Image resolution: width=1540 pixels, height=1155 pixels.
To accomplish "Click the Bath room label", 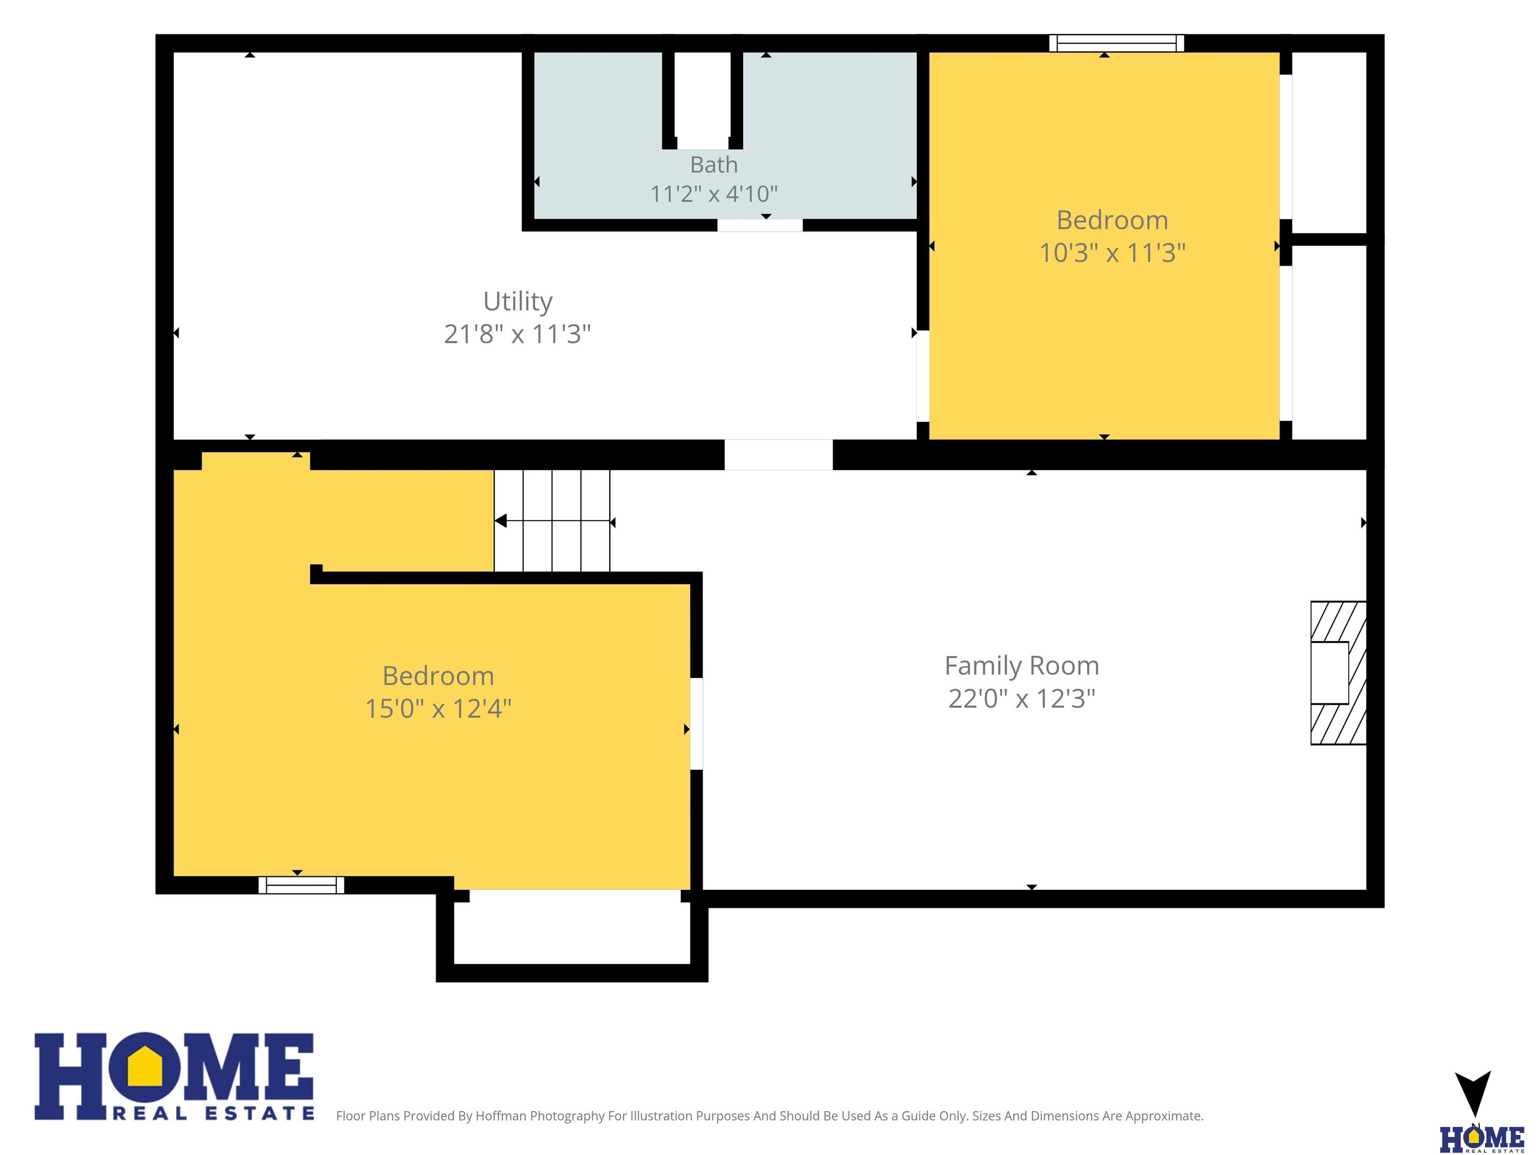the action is (x=714, y=165).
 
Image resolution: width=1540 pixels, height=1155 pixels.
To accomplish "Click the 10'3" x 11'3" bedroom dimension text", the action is (x=1112, y=252).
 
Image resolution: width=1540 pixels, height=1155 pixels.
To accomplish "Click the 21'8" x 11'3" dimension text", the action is (x=517, y=334).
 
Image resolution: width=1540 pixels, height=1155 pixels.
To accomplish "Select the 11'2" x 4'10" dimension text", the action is (x=714, y=194).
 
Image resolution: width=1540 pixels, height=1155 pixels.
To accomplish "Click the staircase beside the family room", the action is (x=552, y=521).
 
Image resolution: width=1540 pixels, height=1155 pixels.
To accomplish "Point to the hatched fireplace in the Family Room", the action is (x=1338, y=673).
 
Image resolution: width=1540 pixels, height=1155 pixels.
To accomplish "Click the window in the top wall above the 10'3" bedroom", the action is (x=1117, y=43).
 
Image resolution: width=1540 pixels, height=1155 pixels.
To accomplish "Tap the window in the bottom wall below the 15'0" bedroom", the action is (x=301, y=885).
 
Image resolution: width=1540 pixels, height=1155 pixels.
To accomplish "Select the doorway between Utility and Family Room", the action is (x=779, y=455).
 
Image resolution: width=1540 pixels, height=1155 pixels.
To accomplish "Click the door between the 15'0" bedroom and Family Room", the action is (x=696, y=723).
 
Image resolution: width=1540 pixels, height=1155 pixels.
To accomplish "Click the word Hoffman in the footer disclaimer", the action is (x=501, y=1116).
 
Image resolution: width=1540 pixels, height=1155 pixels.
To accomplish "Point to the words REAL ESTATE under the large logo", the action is (x=214, y=1113).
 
